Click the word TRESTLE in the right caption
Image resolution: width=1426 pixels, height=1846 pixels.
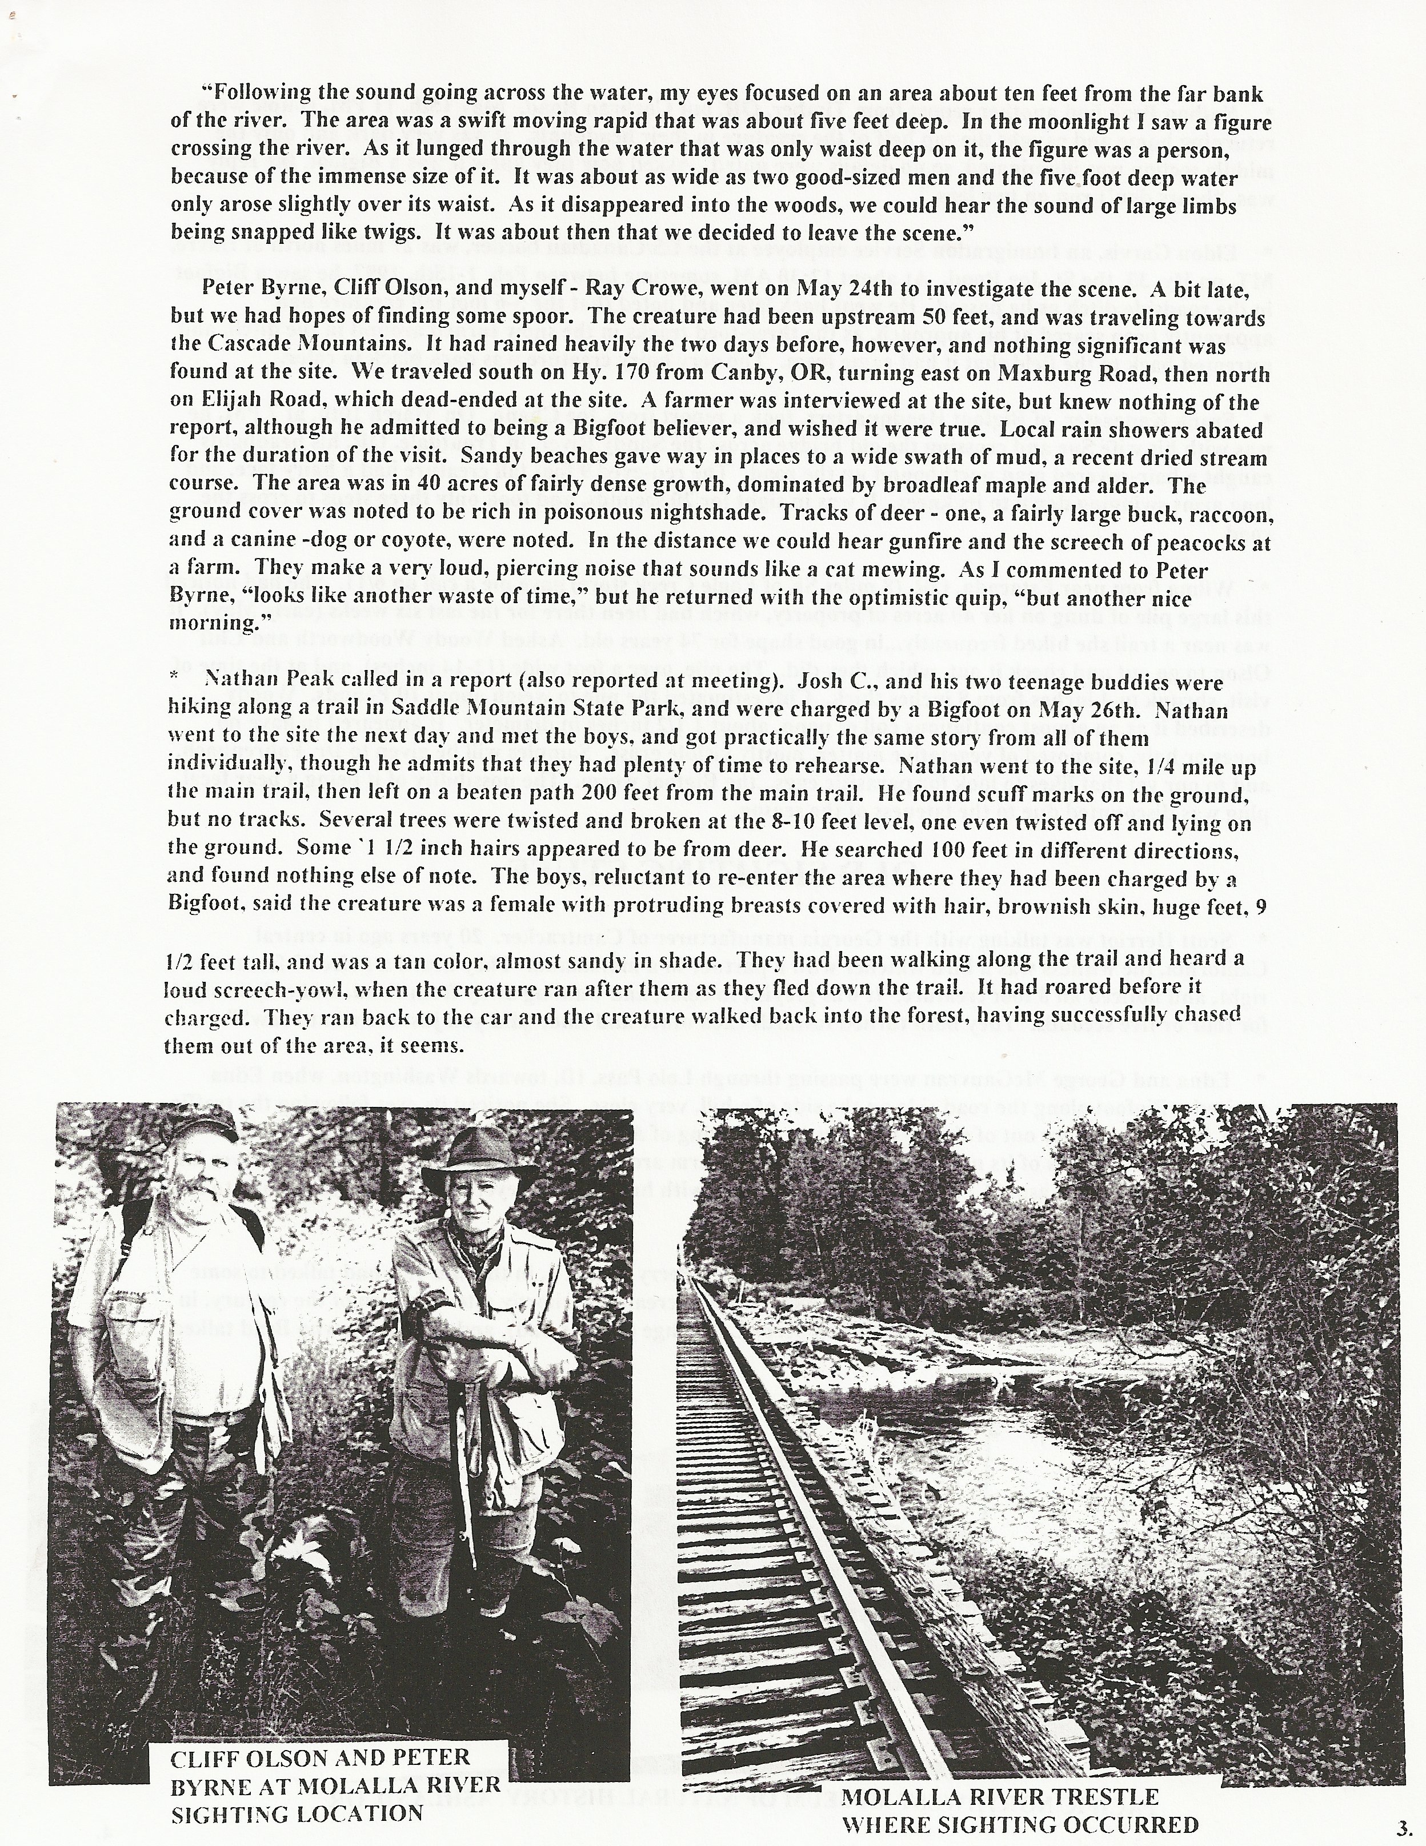[1105, 1796]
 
